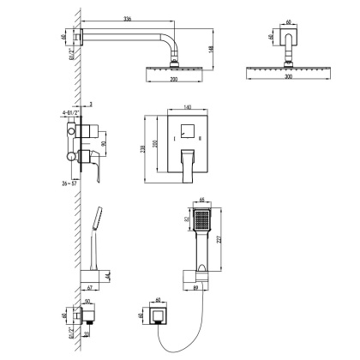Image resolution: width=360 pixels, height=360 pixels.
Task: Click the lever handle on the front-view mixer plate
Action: pos(189,165)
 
